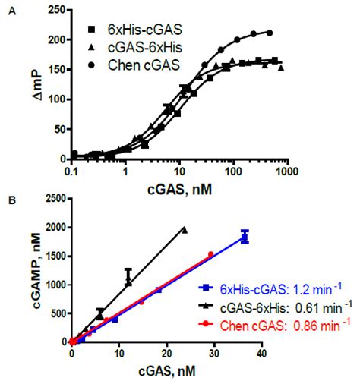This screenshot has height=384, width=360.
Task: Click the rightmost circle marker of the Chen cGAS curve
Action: [x=269, y=33]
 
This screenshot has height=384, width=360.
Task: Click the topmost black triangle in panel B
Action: [x=185, y=229]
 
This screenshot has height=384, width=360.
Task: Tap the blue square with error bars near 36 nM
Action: [x=245, y=237]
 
